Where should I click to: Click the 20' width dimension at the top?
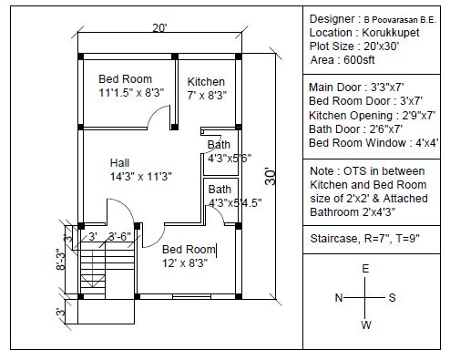pos(159,28)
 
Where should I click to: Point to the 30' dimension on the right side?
pos(271,176)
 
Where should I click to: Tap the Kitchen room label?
pos(206,82)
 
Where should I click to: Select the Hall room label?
pos(119,162)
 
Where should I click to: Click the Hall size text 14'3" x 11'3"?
pos(141,176)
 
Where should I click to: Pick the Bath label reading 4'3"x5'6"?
pos(230,158)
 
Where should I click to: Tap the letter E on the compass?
pos(365,269)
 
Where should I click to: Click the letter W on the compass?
pos(366,324)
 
